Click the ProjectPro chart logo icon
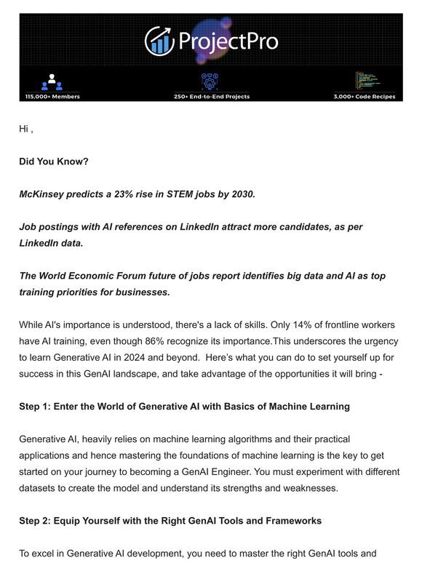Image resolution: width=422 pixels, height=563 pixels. pos(158,41)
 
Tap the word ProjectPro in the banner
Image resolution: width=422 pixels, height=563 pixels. pos(226,41)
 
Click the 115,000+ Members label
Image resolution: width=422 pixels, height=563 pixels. pos(52,97)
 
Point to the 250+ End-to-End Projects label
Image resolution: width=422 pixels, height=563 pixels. pos(211,97)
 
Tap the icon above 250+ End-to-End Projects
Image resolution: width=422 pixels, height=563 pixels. pos(211,80)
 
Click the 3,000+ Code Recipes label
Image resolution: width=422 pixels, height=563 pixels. pos(364,97)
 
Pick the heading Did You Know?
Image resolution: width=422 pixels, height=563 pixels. pos(54,161)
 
